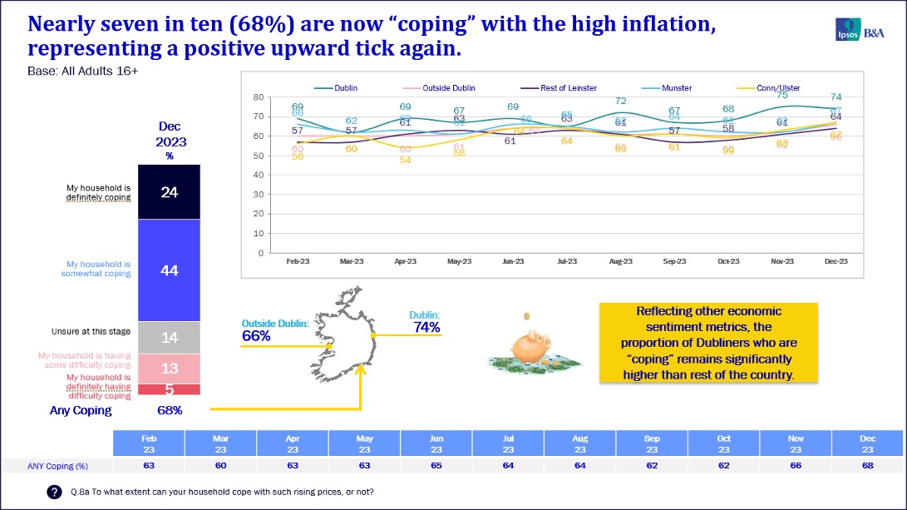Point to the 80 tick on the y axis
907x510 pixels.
click(x=259, y=98)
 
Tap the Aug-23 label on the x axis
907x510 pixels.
click(x=620, y=261)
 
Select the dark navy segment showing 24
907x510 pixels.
click(x=170, y=192)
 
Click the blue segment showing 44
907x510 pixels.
click(x=170, y=270)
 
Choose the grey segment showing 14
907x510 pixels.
click(x=170, y=337)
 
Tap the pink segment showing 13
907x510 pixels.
click(x=170, y=369)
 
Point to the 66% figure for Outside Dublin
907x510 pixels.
click(x=256, y=336)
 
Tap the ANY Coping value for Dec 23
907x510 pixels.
click(x=868, y=465)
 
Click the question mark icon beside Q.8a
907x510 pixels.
click(x=54, y=493)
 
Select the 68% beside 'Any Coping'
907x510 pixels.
click(x=170, y=410)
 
